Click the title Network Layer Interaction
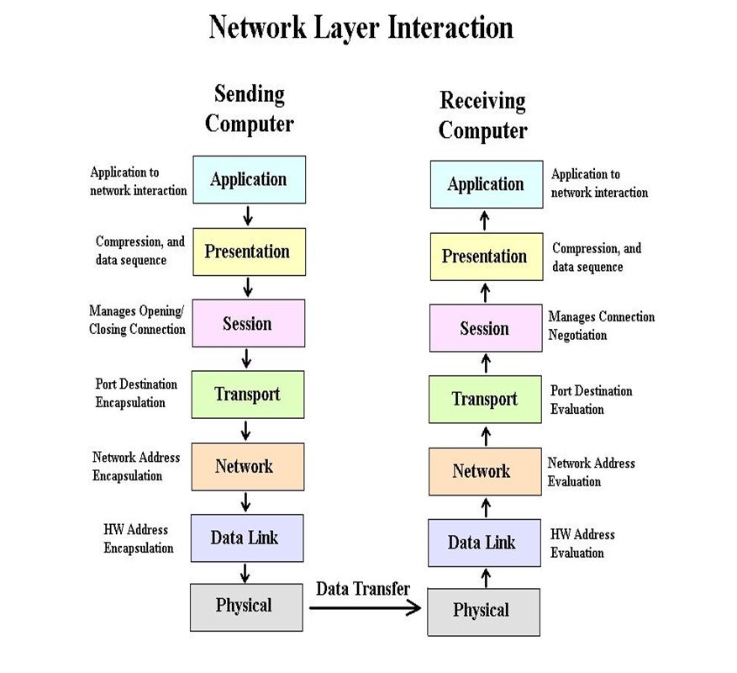point(361,27)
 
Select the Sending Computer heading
point(250,109)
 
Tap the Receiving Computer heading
point(483,116)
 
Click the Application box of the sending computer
point(248,179)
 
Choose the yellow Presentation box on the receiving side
point(485,257)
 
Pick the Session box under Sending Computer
point(247,324)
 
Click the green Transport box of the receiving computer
point(485,399)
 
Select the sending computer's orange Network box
point(246,466)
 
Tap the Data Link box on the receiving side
point(484,543)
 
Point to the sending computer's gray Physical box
point(245,606)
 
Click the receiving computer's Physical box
point(482,611)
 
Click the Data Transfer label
point(363,588)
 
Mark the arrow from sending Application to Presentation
point(248,215)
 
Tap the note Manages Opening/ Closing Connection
point(137,321)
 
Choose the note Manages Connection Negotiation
point(601,326)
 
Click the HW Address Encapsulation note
point(138,538)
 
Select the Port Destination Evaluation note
point(591,400)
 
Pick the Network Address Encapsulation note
point(135,466)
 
